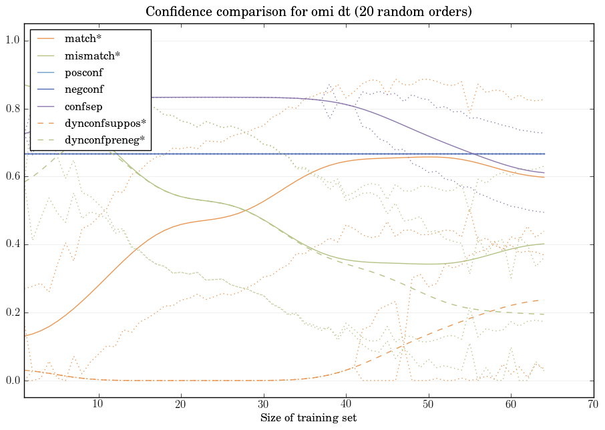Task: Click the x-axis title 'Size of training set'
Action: click(x=308, y=419)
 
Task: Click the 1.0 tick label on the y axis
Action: click(x=13, y=41)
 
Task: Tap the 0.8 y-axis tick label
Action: click(x=13, y=109)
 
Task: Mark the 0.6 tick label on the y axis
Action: click(x=13, y=177)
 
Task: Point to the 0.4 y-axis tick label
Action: click(x=13, y=245)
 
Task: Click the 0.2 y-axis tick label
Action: click(x=13, y=313)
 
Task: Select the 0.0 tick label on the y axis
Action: click(x=13, y=381)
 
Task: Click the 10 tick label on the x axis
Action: click(x=98, y=405)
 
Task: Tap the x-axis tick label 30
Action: click(x=263, y=405)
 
